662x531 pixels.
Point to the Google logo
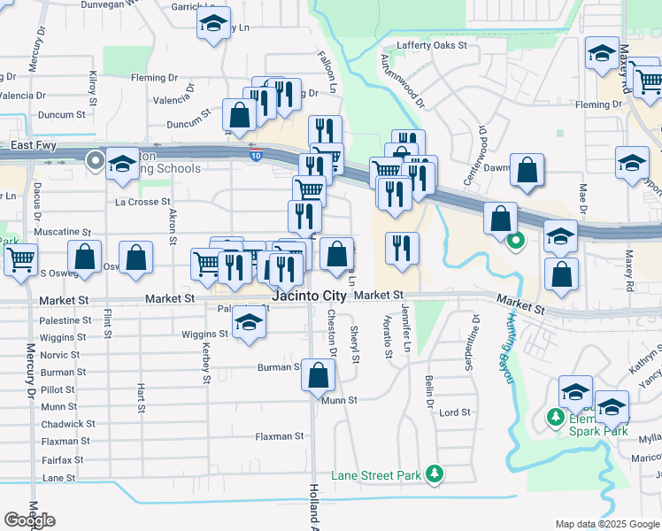(29, 520)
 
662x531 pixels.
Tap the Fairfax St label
(62, 460)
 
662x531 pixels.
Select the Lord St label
(455, 412)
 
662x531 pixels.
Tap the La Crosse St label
(142, 202)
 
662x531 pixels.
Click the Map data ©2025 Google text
(607, 524)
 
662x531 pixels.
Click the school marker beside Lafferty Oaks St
(602, 54)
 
